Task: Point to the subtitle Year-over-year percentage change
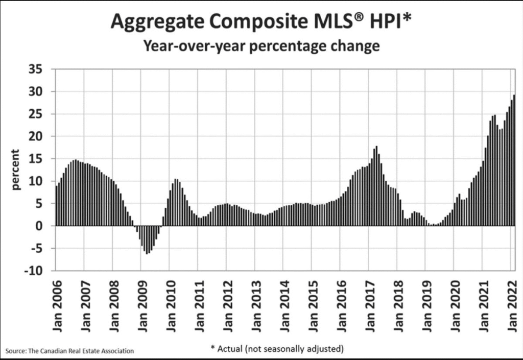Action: [261, 46]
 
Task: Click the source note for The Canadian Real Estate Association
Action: [70, 351]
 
